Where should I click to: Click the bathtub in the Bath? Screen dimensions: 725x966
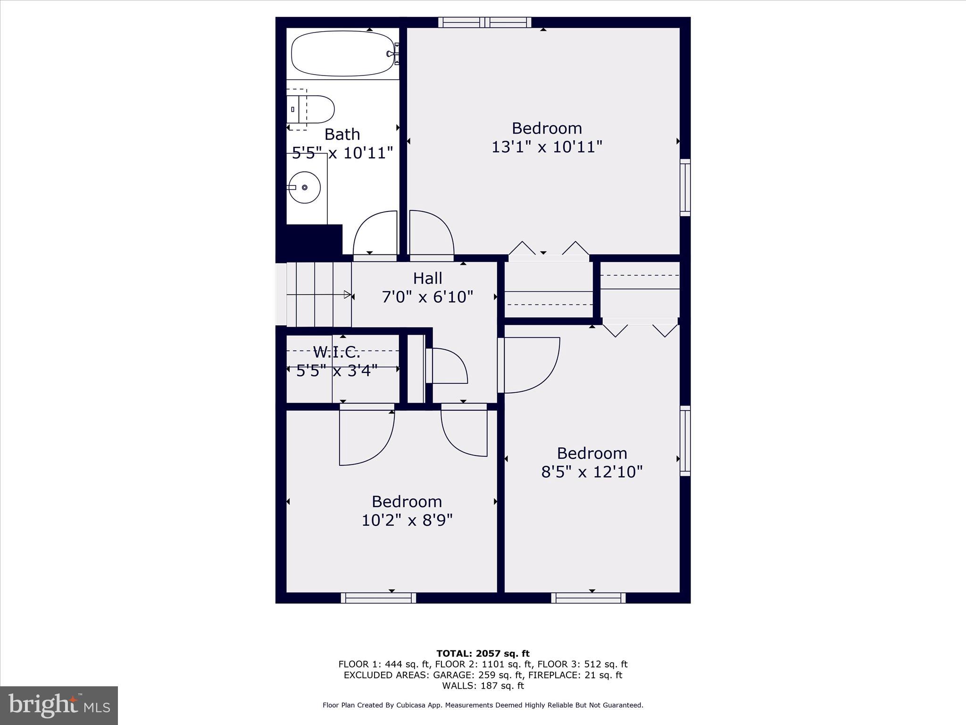tap(342, 53)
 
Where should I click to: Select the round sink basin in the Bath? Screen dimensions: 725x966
tap(305, 187)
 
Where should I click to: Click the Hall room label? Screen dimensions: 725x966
tap(427, 278)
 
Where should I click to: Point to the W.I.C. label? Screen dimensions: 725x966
tap(336, 352)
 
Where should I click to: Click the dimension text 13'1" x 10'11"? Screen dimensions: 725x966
tap(547, 147)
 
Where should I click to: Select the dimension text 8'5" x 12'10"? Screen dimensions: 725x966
tap(591, 472)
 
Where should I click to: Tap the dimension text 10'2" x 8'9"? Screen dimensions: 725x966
tap(407, 520)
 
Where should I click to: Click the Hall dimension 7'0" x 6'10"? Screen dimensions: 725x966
tap(427, 297)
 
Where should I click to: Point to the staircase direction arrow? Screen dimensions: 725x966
tap(347, 295)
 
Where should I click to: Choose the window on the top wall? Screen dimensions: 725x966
tap(484, 22)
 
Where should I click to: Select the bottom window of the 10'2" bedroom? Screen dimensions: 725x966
tap(378, 598)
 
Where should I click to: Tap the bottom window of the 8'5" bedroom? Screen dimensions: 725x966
tap(588, 598)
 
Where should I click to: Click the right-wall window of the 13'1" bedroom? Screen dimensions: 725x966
tap(685, 187)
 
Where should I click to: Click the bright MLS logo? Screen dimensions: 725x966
tap(59, 705)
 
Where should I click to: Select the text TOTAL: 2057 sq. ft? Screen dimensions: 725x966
tap(483, 654)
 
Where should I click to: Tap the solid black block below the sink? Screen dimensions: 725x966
tap(314, 240)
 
